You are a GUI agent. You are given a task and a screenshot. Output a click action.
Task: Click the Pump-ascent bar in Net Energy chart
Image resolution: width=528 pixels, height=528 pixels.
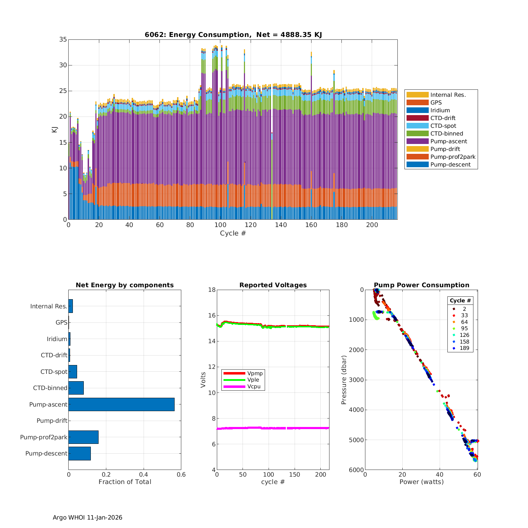tap(121, 404)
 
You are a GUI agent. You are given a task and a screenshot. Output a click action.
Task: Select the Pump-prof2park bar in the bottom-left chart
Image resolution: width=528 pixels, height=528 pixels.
tap(83, 437)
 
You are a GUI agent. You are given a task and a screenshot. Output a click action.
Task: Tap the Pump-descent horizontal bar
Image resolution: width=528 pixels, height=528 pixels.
tap(80, 453)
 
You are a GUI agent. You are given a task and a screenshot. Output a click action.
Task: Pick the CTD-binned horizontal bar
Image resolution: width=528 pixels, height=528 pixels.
tap(76, 388)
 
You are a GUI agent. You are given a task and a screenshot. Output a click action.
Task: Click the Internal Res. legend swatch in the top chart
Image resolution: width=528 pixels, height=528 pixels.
tap(417, 95)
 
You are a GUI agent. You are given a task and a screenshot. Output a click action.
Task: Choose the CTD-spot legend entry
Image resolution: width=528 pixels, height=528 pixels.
tap(443, 126)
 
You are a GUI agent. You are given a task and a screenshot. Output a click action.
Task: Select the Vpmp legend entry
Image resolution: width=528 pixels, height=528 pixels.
tap(255, 373)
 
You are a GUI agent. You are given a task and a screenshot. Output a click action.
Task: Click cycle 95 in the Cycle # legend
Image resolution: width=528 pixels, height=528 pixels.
tap(464, 328)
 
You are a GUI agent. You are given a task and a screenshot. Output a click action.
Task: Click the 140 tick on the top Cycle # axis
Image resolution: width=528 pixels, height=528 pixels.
tap(281, 225)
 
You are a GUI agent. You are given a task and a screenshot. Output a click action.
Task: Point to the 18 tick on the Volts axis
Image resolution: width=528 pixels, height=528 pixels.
tap(212, 290)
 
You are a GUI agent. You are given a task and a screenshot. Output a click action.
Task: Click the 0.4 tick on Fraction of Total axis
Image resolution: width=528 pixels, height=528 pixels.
tap(144, 474)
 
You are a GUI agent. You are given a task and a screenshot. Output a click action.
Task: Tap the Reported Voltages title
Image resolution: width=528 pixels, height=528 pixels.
tap(273, 285)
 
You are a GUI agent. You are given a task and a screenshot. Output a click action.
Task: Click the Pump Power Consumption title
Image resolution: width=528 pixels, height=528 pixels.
tap(421, 285)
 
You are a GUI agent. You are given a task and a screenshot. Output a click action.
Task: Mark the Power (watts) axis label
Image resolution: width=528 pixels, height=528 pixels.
tap(421, 482)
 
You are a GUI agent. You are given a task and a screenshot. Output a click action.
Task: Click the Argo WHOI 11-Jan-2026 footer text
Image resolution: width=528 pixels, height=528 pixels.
tap(87, 517)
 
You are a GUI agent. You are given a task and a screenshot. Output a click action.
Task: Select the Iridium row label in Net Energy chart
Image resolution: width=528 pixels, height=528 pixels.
tap(57, 339)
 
